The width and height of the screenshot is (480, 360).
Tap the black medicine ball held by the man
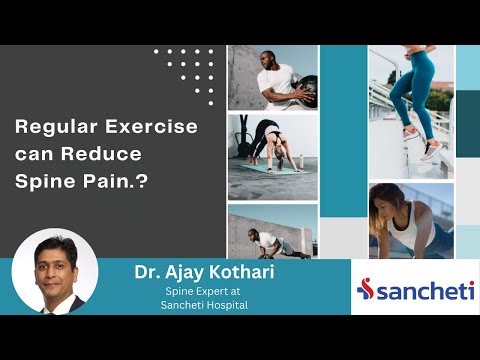click(x=306, y=87)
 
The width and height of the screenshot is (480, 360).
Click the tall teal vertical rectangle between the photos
click(x=343, y=130)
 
